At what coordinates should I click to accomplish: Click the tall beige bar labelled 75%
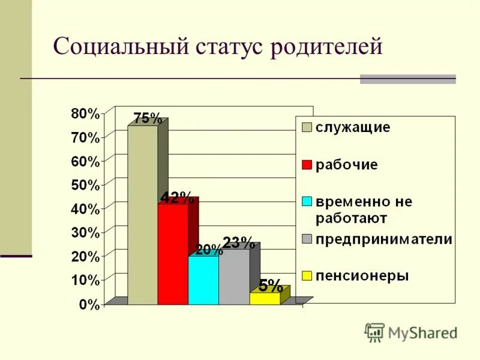pyautogui.click(x=142, y=216)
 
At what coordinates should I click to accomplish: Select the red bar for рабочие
pyautogui.click(x=173, y=255)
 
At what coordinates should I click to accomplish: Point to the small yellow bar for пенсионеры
pyautogui.click(x=264, y=298)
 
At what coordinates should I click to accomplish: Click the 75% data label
pyautogui.click(x=148, y=118)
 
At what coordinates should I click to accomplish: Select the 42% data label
pyautogui.click(x=176, y=197)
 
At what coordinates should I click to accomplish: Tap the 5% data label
pyautogui.click(x=271, y=285)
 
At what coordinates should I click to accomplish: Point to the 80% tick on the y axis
pyautogui.click(x=85, y=113)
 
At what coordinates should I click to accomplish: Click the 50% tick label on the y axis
pyautogui.click(x=85, y=185)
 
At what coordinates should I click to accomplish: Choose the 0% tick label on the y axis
pyautogui.click(x=89, y=304)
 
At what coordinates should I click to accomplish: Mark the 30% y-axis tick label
pyautogui.click(x=85, y=233)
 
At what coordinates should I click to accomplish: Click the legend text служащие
pyautogui.click(x=353, y=128)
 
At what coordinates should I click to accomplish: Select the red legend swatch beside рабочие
pyautogui.click(x=307, y=165)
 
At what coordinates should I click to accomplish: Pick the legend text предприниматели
pyautogui.click(x=384, y=239)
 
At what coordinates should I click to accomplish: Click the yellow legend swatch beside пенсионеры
pyautogui.click(x=307, y=276)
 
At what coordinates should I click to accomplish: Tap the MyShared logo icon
pyautogui.click(x=374, y=332)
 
